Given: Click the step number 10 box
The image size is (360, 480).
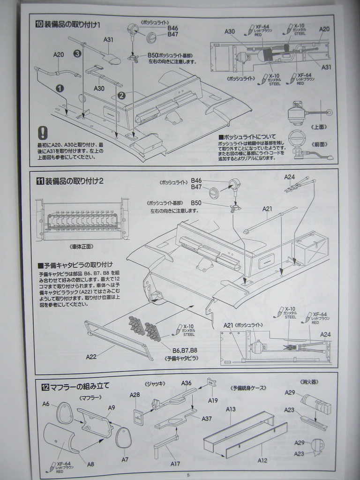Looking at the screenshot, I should point(39,24).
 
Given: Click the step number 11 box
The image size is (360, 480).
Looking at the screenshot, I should point(40,181).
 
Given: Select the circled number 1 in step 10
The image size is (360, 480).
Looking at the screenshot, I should point(60,88).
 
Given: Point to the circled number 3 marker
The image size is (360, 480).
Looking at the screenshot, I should point(77,54).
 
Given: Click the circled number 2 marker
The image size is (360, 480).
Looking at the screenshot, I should point(121,96).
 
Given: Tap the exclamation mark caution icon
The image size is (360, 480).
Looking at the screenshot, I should point(43,133).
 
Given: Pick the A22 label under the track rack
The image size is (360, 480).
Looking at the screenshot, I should point(91,356).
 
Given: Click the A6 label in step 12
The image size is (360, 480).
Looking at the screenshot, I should point(46,404).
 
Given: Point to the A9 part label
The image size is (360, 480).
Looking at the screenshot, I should point(112,407).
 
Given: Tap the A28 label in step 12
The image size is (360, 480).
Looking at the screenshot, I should point(135,395).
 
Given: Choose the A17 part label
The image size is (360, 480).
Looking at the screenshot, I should point(175,464).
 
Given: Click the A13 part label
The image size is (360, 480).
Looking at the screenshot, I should point(231,409).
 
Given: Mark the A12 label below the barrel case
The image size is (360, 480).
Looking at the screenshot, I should point(262,460).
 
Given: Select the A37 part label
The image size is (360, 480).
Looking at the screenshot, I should point(207,419).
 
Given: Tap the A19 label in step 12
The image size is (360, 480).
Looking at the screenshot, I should point(213,400).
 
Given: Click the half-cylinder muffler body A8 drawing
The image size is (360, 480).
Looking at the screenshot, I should point(61,439).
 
